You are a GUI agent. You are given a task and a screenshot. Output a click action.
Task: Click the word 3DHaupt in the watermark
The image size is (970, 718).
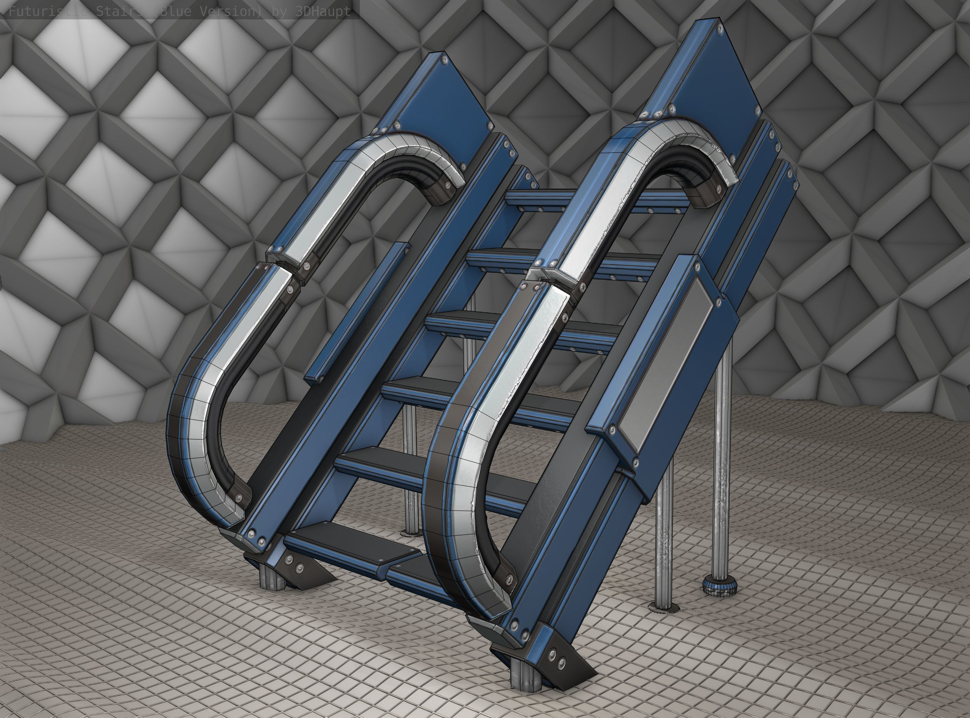click(322, 11)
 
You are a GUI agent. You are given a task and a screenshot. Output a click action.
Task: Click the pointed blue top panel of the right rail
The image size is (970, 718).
click(713, 74)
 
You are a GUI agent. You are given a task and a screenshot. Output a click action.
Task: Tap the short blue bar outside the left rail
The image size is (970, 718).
click(356, 313)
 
